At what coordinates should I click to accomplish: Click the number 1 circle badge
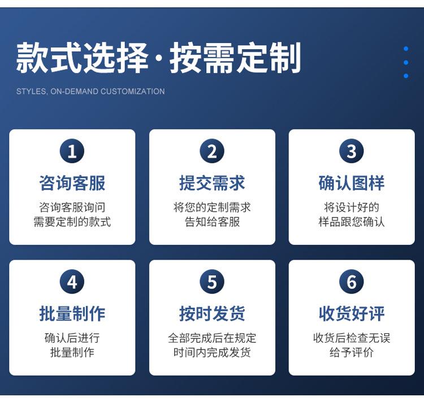click(72, 150)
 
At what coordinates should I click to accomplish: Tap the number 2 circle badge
click(212, 150)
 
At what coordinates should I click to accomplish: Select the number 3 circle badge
click(352, 150)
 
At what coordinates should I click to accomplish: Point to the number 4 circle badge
click(72, 282)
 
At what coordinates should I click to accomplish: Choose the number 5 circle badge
click(212, 282)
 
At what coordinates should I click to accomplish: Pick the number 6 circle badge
click(352, 282)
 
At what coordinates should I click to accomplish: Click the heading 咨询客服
click(72, 183)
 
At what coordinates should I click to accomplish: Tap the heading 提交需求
click(212, 183)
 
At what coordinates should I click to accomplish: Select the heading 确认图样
click(352, 183)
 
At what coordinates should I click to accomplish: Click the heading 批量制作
click(72, 314)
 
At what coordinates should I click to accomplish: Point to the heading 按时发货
click(212, 314)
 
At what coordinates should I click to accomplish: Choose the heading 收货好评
click(352, 314)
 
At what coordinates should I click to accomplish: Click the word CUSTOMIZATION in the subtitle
click(132, 92)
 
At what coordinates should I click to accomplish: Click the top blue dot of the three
click(406, 49)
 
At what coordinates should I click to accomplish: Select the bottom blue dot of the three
click(406, 76)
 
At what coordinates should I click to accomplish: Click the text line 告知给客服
click(212, 222)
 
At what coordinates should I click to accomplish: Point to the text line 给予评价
click(352, 352)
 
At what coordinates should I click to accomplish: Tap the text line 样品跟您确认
click(352, 222)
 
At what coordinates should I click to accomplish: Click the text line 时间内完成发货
click(212, 352)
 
